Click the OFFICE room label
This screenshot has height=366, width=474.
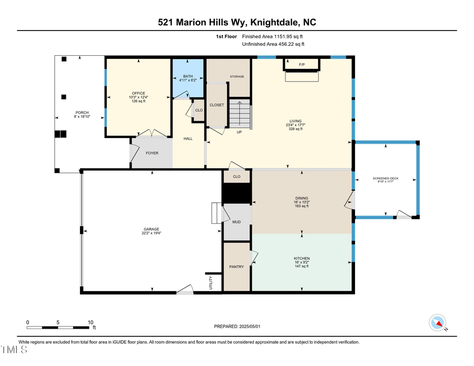[139, 93]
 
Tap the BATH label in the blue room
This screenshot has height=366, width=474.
[188, 76]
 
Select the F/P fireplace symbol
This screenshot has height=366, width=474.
[302, 65]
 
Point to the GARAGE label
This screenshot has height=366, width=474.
[151, 229]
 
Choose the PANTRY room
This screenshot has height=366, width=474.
[236, 266]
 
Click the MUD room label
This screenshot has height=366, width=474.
[236, 222]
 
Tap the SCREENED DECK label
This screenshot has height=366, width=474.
[386, 179]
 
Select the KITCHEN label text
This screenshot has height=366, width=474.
[302, 259]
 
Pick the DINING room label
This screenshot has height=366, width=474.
[302, 198]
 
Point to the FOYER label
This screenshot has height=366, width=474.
[152, 153]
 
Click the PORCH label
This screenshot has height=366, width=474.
[82, 112]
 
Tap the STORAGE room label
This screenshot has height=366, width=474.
[236, 77]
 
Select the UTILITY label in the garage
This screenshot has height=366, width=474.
[211, 283]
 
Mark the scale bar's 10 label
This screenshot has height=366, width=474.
[90, 322]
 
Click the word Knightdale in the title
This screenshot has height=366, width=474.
[266, 22]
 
